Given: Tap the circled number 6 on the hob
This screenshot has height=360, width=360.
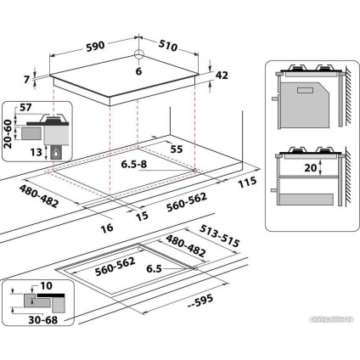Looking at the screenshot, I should click(x=138, y=72).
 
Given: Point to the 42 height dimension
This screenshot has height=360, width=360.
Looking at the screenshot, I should click(x=222, y=76).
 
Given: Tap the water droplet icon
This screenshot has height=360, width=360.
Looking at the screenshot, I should click(x=56, y=154).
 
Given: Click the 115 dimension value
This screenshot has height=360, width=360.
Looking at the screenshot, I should click(x=247, y=183).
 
